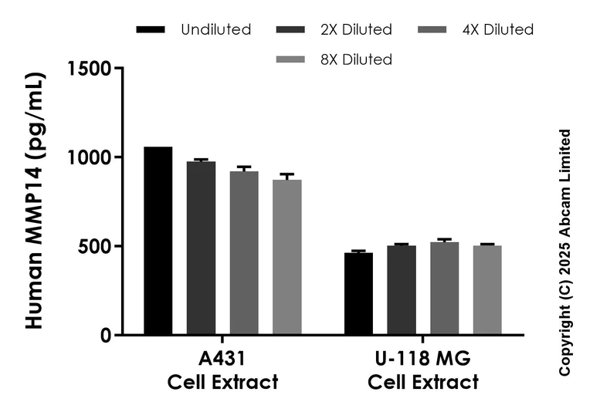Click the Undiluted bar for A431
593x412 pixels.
click(158, 241)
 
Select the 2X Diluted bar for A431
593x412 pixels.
click(202, 248)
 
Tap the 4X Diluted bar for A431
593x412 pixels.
click(244, 253)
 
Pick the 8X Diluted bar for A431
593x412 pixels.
click(287, 257)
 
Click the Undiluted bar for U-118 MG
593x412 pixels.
click(359, 294)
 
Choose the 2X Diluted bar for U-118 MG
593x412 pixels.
click(402, 290)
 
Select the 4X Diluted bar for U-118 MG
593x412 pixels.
click(445, 289)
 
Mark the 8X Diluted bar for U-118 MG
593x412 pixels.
click(487, 290)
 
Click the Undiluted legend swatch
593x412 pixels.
click(151, 30)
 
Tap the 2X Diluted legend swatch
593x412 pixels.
click(290, 30)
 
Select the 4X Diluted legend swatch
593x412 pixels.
click(432, 30)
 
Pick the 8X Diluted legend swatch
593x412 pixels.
click(290, 59)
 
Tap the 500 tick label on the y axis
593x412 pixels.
click(96, 247)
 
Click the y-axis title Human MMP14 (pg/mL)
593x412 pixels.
click(35, 201)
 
